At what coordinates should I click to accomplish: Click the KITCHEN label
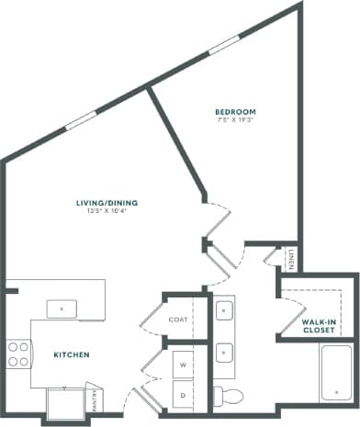click(x=70, y=354)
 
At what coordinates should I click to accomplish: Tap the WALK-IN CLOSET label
click(x=319, y=326)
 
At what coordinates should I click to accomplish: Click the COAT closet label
click(x=178, y=320)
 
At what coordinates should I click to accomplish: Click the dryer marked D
click(x=184, y=394)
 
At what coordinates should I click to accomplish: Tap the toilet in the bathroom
click(x=230, y=396)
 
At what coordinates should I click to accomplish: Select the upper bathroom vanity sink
click(x=224, y=312)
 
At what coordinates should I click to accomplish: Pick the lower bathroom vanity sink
click(x=224, y=350)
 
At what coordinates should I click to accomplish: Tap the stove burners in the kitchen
click(x=17, y=354)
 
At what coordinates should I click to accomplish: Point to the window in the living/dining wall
click(x=80, y=120)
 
